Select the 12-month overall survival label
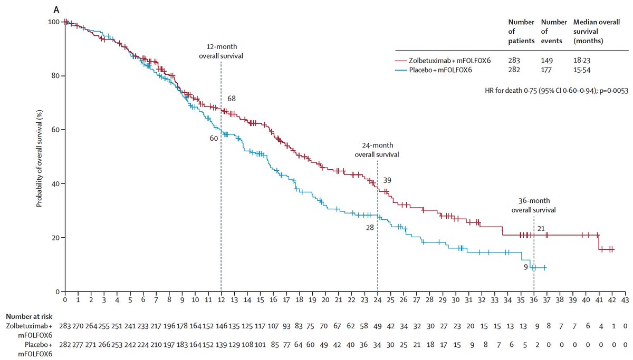click(x=220, y=52)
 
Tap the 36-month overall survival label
click(x=533, y=205)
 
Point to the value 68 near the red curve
click(x=232, y=99)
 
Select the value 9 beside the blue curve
click(x=526, y=267)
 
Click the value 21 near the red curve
click(x=541, y=228)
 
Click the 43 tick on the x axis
click(x=625, y=299)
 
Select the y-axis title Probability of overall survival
click(x=39, y=157)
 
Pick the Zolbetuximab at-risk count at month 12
click(x=220, y=327)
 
